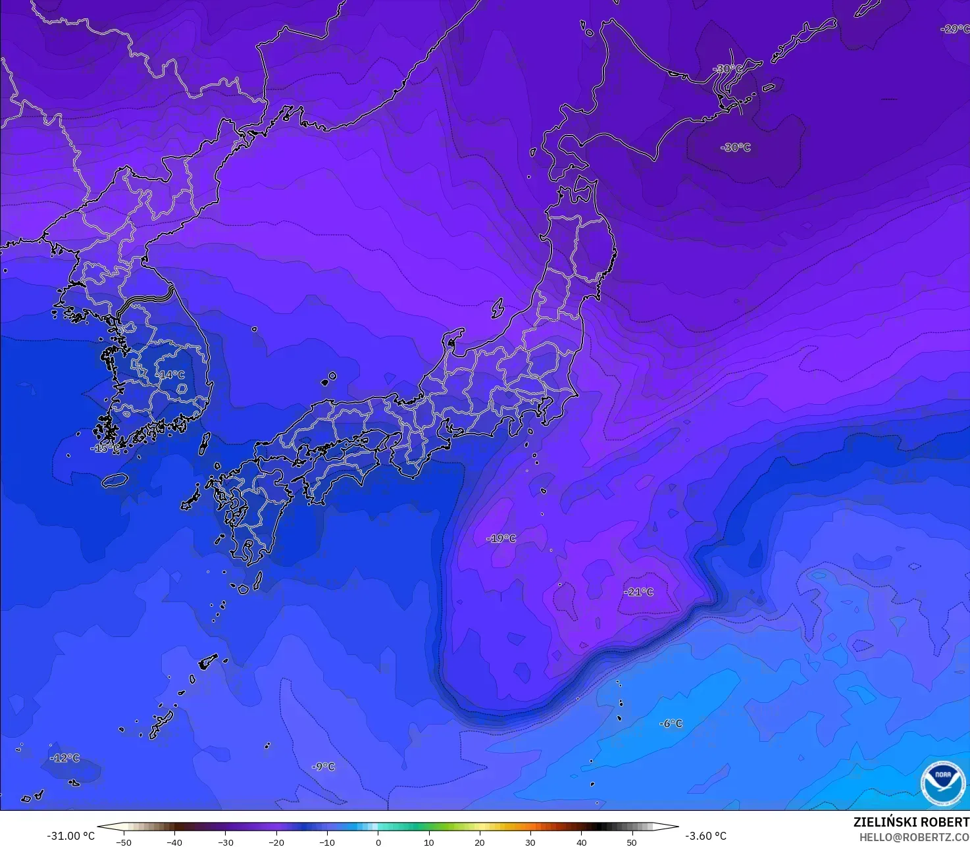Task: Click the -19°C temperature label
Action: coord(501,538)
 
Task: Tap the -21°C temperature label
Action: coord(639,592)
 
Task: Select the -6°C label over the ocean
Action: coord(671,723)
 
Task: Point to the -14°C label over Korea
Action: coord(170,374)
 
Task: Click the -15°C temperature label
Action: coord(105,448)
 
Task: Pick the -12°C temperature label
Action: coord(65,757)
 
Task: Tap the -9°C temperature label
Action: coord(323,766)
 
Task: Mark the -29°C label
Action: coord(954,29)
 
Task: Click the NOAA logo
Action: coord(943,783)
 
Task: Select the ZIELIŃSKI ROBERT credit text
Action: coord(911,822)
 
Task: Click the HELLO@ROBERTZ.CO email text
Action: coord(914,836)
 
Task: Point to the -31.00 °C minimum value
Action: coord(70,836)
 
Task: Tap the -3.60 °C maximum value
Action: coord(705,836)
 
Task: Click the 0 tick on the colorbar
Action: coord(378,842)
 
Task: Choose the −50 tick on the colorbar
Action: coord(123,842)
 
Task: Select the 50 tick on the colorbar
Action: coord(632,842)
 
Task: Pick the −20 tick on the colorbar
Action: coord(276,842)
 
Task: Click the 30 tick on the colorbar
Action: coord(530,842)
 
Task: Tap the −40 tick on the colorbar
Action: coord(174,842)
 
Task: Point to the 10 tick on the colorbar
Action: coord(428,842)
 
